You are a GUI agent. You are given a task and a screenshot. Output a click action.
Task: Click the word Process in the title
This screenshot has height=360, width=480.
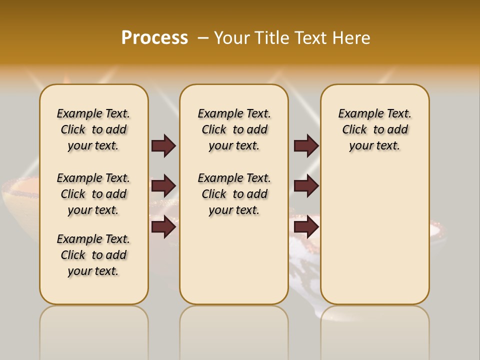[x=154, y=38]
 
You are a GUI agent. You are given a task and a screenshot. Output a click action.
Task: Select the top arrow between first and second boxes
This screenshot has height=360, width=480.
[x=163, y=145]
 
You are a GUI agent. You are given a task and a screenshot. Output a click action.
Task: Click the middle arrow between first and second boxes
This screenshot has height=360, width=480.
[x=163, y=186]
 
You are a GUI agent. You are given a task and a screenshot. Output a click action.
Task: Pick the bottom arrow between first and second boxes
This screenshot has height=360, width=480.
[x=163, y=227]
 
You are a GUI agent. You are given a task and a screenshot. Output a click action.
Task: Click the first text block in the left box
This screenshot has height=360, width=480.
[x=93, y=129]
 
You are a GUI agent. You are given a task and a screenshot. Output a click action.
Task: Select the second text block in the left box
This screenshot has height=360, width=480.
[x=93, y=194]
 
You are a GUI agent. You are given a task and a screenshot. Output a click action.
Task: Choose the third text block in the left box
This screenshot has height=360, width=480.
[x=93, y=255]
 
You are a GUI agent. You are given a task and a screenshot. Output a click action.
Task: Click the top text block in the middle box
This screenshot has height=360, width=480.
[x=234, y=129]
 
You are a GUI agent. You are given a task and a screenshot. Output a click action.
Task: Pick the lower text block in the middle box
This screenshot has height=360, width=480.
[x=234, y=194]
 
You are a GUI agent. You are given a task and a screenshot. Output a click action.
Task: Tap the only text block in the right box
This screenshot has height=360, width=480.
[x=374, y=129]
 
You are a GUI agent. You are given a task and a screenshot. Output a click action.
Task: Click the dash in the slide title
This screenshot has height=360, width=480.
[x=203, y=38]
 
